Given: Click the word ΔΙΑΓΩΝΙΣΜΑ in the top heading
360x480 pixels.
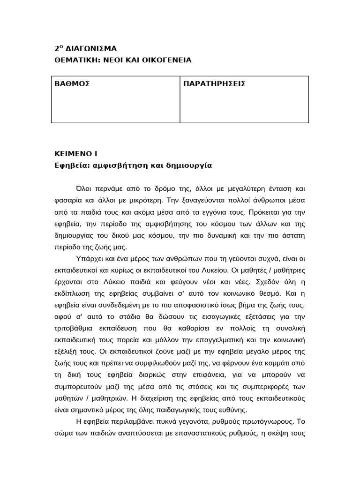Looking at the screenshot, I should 90,48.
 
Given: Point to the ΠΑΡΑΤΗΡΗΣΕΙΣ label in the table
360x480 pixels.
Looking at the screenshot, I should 214,84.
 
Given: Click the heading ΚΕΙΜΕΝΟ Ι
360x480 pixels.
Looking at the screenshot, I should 76,153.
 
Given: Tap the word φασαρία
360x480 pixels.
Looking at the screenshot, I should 67,201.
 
